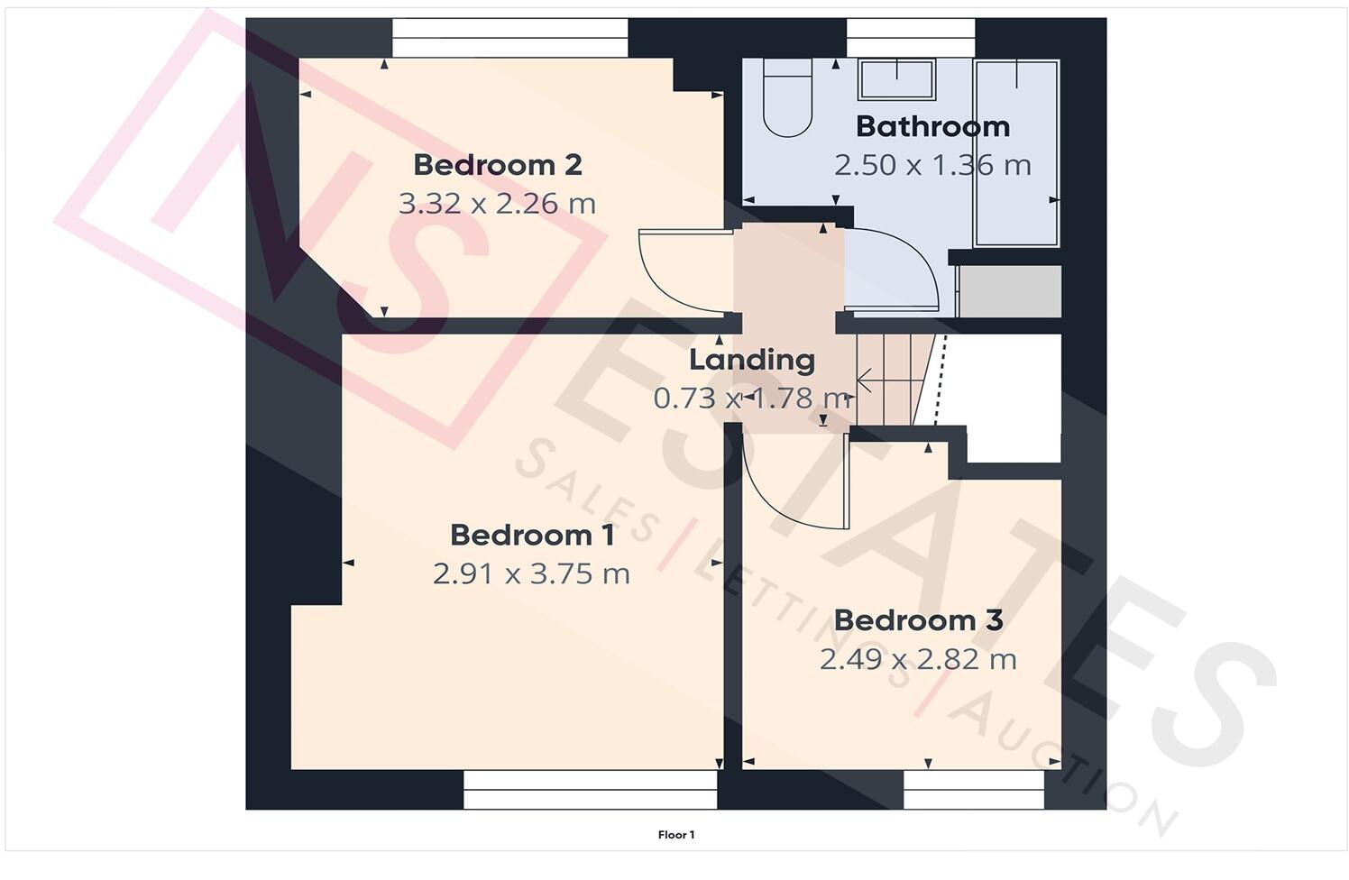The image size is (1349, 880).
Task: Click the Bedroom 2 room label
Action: (x=497, y=165)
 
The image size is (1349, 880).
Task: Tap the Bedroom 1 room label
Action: (x=532, y=535)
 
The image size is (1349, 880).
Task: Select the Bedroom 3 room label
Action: (x=918, y=620)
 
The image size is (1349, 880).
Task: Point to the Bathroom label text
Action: (x=932, y=126)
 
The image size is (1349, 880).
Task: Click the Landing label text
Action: (x=752, y=360)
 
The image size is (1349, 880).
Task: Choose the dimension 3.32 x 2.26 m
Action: (x=497, y=204)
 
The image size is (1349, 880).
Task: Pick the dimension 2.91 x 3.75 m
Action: (x=531, y=573)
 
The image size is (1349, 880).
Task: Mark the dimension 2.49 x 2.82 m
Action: (x=918, y=659)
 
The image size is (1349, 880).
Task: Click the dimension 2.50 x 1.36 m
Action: (x=932, y=165)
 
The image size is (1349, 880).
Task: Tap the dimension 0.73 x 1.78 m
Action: (x=752, y=398)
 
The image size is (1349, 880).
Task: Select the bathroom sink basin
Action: (x=896, y=79)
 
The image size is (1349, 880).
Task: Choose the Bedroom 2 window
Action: (x=509, y=38)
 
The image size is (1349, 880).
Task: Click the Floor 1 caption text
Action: (x=675, y=835)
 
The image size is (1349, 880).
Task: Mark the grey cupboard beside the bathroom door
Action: (x=1009, y=291)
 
